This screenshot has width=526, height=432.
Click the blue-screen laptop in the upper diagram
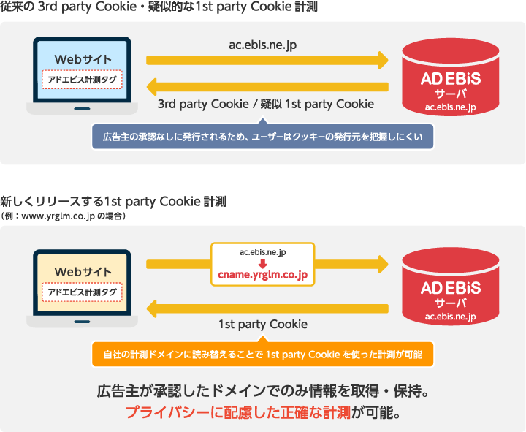pyautogui.click(x=82, y=73)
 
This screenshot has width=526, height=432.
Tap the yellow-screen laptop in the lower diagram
pyautogui.click(x=82, y=285)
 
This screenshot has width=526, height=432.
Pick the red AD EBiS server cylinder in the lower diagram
pyautogui.click(x=450, y=287)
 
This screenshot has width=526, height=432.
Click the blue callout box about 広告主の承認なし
pyautogui.click(x=262, y=137)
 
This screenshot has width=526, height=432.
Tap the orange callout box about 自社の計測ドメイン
pyautogui.click(x=262, y=355)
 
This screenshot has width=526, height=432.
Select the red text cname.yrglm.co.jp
pyautogui.click(x=263, y=275)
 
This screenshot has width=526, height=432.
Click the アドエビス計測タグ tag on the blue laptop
pyautogui.click(x=82, y=79)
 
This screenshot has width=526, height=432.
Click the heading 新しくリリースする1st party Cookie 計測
pyautogui.click(x=113, y=202)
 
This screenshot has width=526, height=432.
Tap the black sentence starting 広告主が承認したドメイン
pyautogui.click(x=263, y=390)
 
